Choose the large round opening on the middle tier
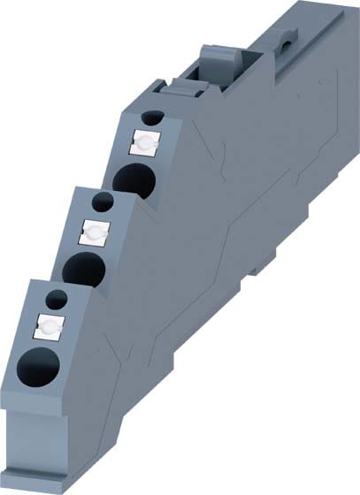(83, 266)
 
